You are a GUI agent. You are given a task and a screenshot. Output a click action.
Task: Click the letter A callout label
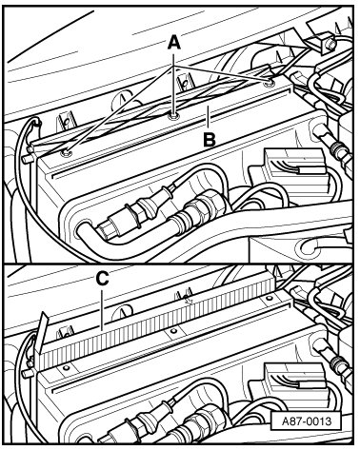[174, 43]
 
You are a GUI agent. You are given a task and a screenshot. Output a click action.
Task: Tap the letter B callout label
[210, 140]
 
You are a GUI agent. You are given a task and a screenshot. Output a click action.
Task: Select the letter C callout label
[102, 279]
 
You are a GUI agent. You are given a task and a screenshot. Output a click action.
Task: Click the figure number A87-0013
[307, 421]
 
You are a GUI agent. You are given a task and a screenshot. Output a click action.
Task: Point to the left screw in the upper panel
[67, 153]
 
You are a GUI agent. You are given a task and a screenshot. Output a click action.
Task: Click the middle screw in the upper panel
[173, 116]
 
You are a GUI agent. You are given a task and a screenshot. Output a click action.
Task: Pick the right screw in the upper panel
[270, 84]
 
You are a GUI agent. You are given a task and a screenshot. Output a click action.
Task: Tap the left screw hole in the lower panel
[66, 367]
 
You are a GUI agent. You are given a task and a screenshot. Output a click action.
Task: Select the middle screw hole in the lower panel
[173, 331]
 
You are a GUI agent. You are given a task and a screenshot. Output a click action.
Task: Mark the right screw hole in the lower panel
[270, 298]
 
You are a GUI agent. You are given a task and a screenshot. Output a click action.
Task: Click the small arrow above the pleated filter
[190, 300]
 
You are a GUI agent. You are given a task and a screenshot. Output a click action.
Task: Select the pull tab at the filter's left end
[40, 332]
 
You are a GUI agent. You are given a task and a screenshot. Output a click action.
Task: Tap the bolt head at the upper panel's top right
[330, 45]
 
